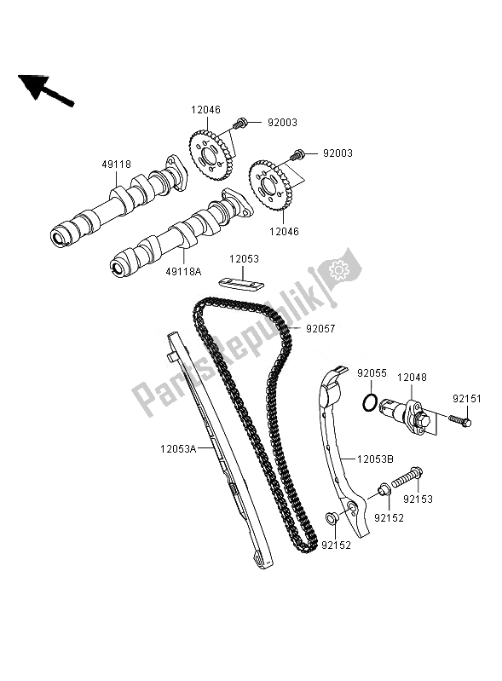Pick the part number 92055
pos(372,372)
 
